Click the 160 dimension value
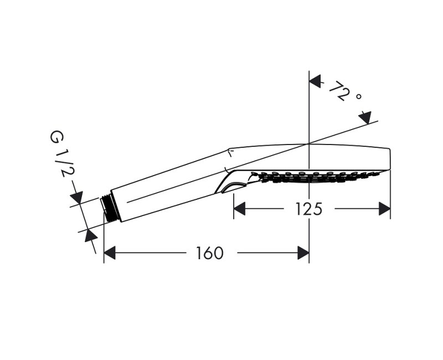[x=209, y=253]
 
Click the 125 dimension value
[x=308, y=209]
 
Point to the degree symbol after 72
[x=358, y=96]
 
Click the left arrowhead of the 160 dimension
[x=110, y=253]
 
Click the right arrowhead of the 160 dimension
[x=303, y=253]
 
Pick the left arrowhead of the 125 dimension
[x=239, y=209]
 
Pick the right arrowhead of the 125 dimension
[x=384, y=209]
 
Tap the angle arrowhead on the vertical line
[x=315, y=81]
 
